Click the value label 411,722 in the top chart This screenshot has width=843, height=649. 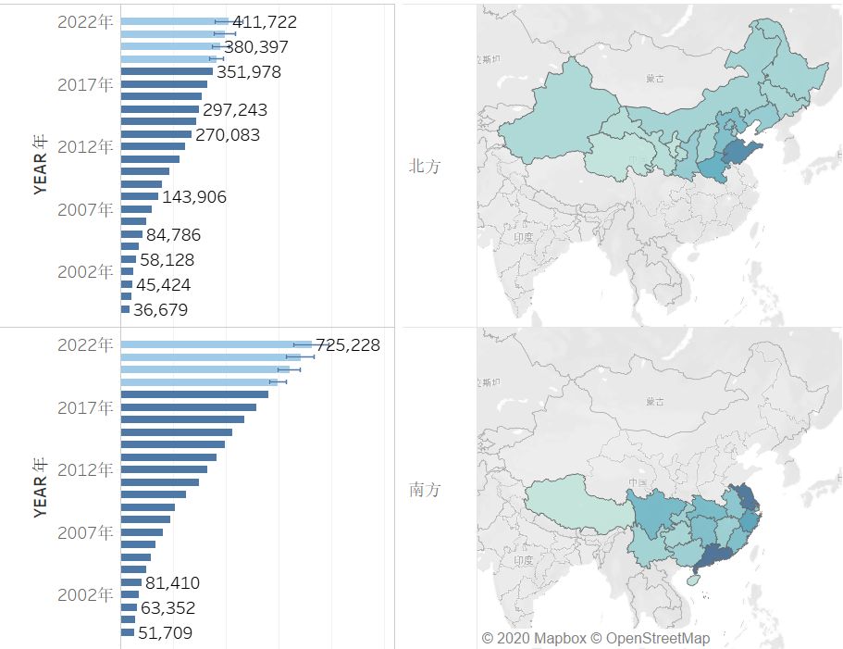pos(265,21)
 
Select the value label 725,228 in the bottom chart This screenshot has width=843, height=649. pos(348,345)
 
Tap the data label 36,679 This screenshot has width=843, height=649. pos(160,310)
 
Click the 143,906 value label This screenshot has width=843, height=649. pos(193,197)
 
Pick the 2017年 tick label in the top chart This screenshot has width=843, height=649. pos(85,84)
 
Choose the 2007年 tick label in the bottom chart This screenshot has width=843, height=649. pos(85,532)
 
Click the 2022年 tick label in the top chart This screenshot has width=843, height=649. pos(85,22)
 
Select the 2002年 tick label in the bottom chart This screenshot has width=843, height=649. pos(85,594)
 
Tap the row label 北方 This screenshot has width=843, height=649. pos(425,167)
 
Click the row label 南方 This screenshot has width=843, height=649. pos(425,490)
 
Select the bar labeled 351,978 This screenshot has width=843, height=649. pos(167,71)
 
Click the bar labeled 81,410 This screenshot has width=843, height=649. pos(131,582)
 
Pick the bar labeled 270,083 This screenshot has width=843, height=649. pos(155,134)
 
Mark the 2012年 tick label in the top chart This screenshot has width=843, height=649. pos(85,146)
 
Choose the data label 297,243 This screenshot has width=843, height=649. pos(235,110)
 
